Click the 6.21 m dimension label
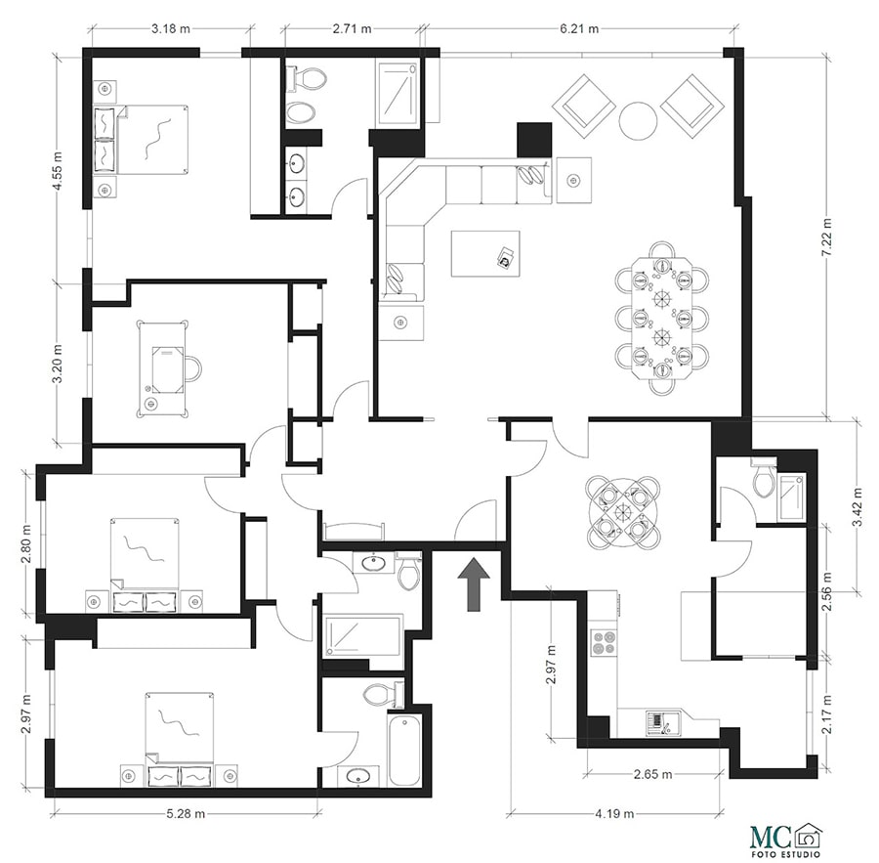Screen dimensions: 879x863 (578, 28)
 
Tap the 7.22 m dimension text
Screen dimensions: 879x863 (827, 237)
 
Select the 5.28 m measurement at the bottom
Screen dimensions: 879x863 (187, 813)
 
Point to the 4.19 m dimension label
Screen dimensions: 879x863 (615, 813)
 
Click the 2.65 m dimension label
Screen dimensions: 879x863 (653, 774)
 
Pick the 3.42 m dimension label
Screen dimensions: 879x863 (858, 507)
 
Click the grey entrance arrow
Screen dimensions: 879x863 (475, 584)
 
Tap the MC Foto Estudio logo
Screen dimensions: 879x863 (787, 840)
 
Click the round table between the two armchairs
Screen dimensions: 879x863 (638, 121)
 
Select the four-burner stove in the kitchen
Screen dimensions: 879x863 (605, 643)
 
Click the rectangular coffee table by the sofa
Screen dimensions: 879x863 (485, 253)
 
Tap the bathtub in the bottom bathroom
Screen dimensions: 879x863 (404, 750)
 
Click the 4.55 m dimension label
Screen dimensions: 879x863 (58, 171)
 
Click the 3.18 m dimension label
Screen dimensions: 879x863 (171, 28)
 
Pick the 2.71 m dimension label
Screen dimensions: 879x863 (352, 28)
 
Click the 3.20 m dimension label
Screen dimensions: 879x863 (58, 364)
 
